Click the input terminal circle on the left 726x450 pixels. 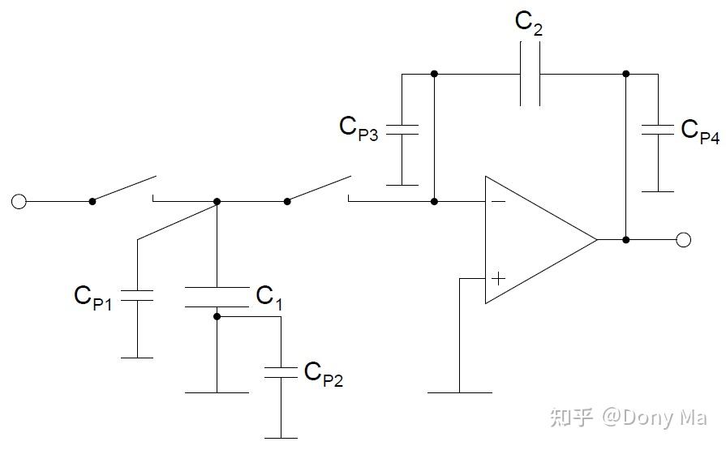point(19,201)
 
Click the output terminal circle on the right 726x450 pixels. point(683,239)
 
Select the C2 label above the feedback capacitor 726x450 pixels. point(529,24)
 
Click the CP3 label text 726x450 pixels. point(359,127)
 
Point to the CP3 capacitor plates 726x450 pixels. point(401,130)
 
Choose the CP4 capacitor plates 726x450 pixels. point(658,130)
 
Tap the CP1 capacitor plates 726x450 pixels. point(137,296)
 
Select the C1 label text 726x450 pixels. point(269,297)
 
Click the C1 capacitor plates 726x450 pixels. point(217,298)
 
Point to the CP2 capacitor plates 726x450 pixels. point(281,373)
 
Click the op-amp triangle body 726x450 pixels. point(535,240)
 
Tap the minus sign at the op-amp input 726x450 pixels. point(497,201)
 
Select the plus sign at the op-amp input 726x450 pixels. point(498,278)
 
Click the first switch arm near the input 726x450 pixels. point(123,188)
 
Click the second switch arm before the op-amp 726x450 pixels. point(318,188)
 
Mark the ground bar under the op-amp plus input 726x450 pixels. point(459,392)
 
